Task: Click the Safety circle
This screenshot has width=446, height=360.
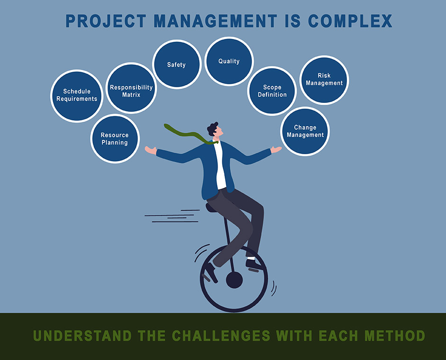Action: [x=176, y=65]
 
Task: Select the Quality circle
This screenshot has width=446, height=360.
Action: [x=229, y=62]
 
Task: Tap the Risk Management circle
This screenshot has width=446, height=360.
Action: [x=324, y=80]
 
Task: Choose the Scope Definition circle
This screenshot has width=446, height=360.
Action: [x=272, y=91]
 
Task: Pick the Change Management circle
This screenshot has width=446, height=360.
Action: [x=305, y=131]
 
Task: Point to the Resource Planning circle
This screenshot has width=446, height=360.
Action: [x=114, y=138]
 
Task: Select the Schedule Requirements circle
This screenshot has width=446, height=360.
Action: [x=77, y=95]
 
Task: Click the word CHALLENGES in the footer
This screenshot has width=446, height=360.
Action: [x=221, y=336]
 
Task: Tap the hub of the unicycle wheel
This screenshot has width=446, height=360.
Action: [x=234, y=280]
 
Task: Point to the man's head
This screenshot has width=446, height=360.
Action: [x=214, y=129]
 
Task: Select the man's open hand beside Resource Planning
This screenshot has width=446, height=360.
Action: [x=150, y=150]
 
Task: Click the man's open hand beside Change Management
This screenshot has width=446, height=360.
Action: [x=276, y=150]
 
